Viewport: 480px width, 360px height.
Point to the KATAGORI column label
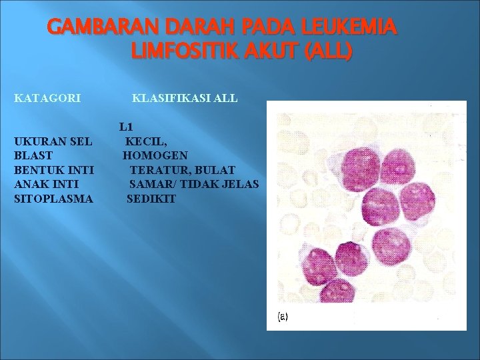tap(47, 99)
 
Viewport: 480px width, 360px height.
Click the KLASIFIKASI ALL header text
tap(185, 99)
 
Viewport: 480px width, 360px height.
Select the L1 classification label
tap(127, 127)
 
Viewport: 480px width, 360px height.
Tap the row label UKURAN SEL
tap(53, 141)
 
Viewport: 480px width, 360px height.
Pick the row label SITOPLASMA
tap(53, 199)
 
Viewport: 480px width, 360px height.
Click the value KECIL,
tap(147, 141)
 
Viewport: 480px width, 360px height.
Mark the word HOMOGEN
tap(155, 155)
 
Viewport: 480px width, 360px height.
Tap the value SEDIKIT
tap(151, 199)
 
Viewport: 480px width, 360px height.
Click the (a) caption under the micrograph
tap(283, 317)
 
